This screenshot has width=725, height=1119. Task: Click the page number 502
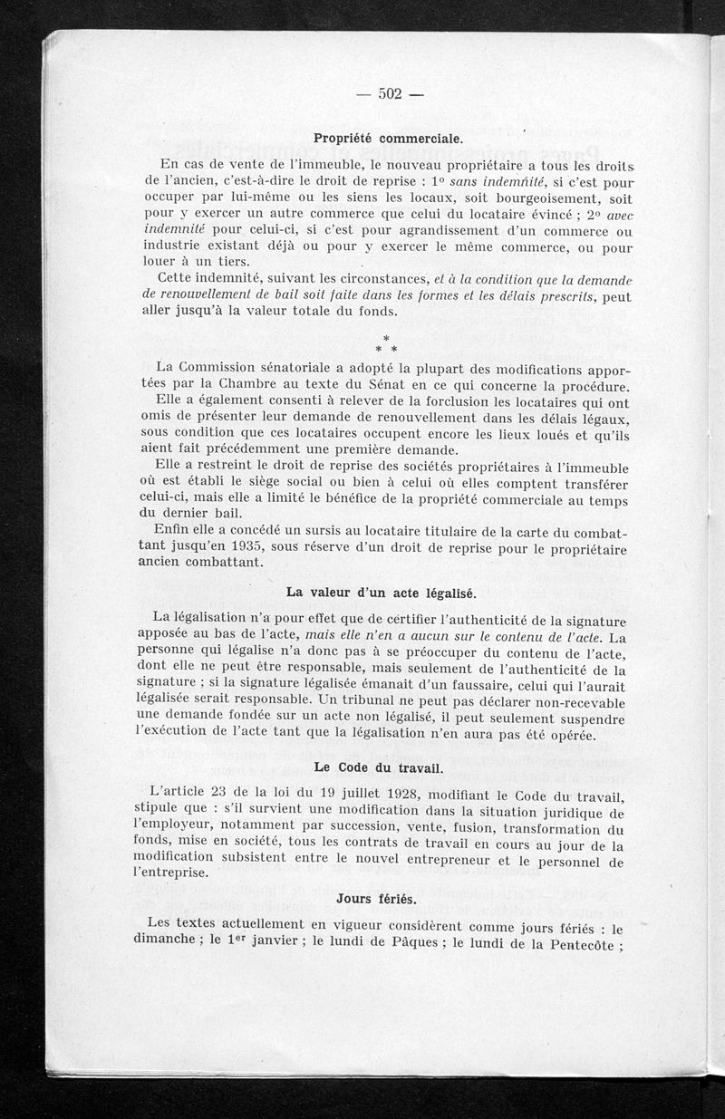(x=390, y=93)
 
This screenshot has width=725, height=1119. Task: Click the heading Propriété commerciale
(x=388, y=139)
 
